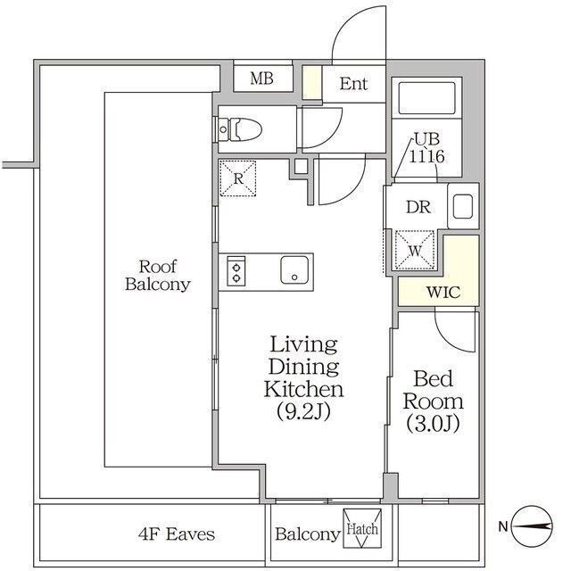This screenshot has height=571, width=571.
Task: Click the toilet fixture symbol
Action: tap(239, 129)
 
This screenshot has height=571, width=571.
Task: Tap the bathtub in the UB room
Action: tap(426, 98)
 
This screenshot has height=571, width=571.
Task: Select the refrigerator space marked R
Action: tap(238, 178)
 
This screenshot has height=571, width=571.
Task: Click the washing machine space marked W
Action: tap(415, 250)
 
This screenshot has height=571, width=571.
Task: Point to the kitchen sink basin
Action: tap(294, 269)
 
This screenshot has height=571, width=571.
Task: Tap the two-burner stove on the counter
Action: tap(236, 270)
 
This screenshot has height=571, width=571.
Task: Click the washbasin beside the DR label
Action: tap(463, 206)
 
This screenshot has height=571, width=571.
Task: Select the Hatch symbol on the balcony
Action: tap(362, 528)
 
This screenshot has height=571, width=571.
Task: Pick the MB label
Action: tap(261, 79)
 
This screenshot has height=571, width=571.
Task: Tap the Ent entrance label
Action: tap(353, 84)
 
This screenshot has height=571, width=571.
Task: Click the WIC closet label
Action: tap(443, 292)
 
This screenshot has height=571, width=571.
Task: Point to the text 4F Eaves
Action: tap(177, 534)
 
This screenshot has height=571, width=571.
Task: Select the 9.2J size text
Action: tap(303, 411)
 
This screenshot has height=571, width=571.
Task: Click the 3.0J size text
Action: tap(433, 424)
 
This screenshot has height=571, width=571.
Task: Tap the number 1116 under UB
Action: tap(426, 157)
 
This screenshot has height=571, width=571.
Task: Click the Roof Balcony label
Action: tap(158, 276)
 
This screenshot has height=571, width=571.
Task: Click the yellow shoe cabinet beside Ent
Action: tap(312, 82)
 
